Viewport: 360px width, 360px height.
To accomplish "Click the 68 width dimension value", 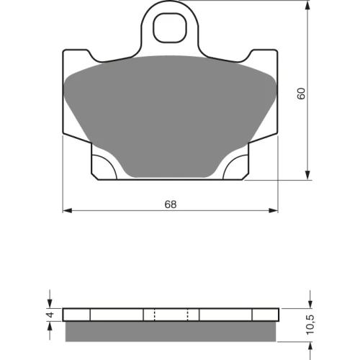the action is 171,204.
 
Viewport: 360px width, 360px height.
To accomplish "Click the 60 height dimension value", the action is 301,94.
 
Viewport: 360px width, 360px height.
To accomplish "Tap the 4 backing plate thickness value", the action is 50,315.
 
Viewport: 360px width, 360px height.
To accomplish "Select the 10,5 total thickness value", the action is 310,325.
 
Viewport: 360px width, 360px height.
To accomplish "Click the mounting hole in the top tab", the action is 170,28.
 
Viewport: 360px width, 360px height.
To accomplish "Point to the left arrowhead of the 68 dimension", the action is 67,210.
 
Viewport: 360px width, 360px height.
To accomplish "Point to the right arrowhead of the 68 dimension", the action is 273,210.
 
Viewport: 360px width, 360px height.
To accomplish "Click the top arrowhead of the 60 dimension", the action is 307,5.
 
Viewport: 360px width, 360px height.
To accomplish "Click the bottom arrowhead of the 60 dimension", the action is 307,175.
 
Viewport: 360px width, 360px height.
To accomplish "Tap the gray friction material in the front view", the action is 171,115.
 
